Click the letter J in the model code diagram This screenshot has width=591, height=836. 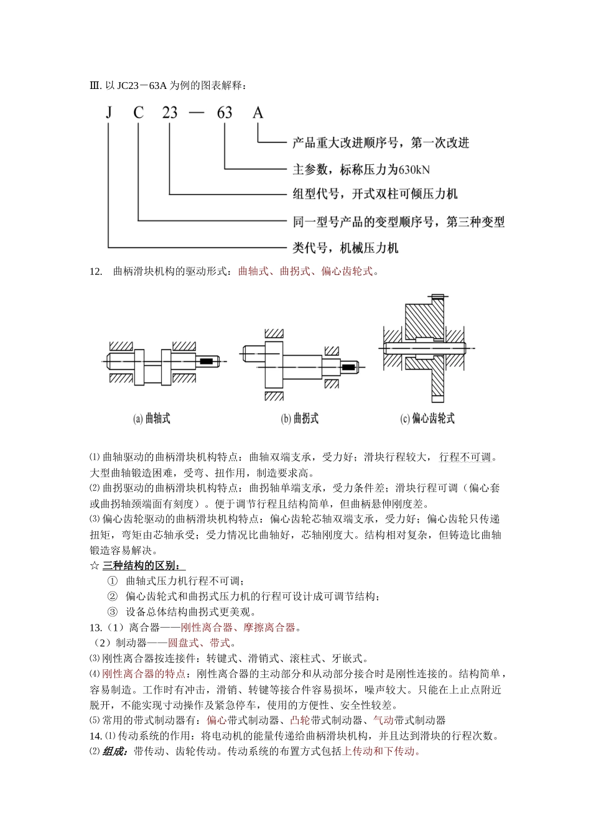pos(109,113)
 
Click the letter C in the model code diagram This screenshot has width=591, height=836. pos(138,113)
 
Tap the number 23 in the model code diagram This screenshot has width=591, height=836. pos(170,113)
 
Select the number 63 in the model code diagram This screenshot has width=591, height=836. pos(225,113)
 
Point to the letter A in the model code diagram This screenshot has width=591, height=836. pos(258,113)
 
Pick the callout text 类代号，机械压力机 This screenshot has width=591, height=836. pos(345,248)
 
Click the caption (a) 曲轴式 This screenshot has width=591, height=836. pos(152,419)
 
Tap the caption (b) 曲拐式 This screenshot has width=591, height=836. pos(299,419)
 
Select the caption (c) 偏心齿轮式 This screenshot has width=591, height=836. pos(427,419)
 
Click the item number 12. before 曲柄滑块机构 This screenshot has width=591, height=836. pos(96,271)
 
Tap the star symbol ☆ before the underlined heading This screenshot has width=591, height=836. pos(95,565)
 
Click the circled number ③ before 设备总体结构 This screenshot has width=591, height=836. pos(112,611)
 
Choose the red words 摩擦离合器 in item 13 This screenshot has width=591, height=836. pos(269,627)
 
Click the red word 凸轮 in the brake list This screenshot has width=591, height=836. pos(300,720)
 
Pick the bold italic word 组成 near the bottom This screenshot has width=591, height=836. pos(116,751)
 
